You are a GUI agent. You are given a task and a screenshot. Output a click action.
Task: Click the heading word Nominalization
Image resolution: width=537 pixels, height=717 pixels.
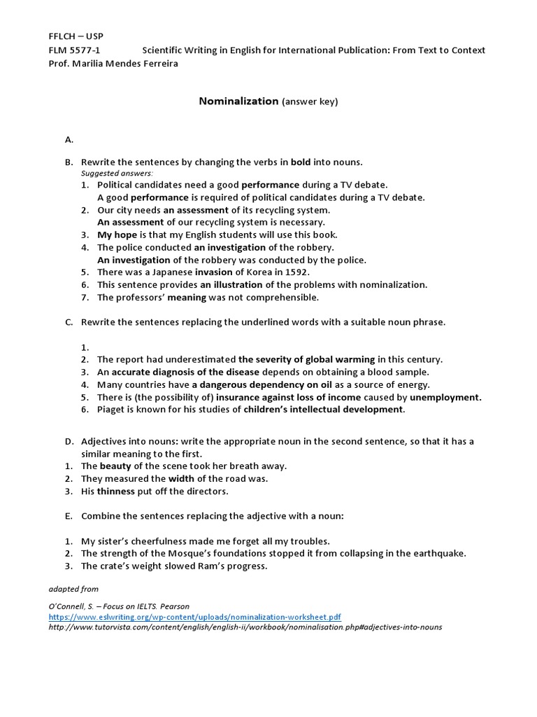[238, 102]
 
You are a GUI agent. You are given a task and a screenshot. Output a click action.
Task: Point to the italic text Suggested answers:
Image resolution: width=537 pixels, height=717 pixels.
[117, 173]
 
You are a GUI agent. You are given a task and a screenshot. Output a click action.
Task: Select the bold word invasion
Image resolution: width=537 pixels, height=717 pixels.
[213, 272]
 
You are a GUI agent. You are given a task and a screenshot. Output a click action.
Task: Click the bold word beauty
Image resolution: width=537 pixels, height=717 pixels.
[115, 466]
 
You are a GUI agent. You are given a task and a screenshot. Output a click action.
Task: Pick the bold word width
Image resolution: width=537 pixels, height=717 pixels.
[181, 478]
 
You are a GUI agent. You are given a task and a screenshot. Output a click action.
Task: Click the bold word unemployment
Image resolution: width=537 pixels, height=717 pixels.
[445, 397]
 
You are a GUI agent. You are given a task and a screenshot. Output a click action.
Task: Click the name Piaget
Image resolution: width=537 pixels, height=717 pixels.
[111, 410]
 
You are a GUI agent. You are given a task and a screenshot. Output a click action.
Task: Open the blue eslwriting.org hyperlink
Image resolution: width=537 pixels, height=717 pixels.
[194, 617]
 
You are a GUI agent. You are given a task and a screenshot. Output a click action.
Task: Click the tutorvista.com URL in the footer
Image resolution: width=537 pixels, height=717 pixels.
[245, 627]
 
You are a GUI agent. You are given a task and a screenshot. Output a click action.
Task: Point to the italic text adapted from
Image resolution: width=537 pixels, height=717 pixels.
[73, 590]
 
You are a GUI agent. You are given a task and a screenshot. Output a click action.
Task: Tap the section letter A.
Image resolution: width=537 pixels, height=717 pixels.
[69, 139]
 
